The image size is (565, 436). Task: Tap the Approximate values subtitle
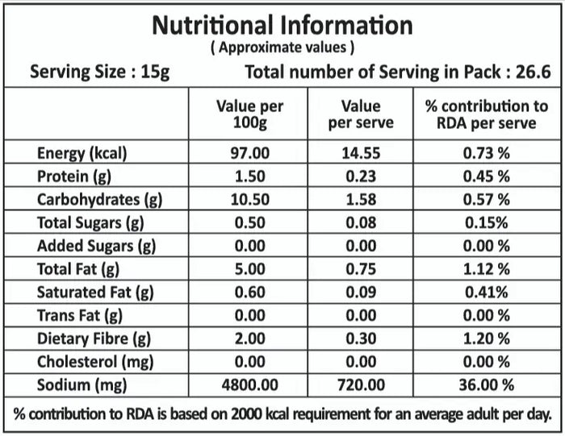[x=282, y=48]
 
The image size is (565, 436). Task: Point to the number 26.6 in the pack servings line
[x=533, y=73]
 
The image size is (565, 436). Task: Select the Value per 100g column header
[x=249, y=114]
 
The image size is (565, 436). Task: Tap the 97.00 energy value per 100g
[x=250, y=153]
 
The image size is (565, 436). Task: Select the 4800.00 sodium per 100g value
[x=250, y=386]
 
